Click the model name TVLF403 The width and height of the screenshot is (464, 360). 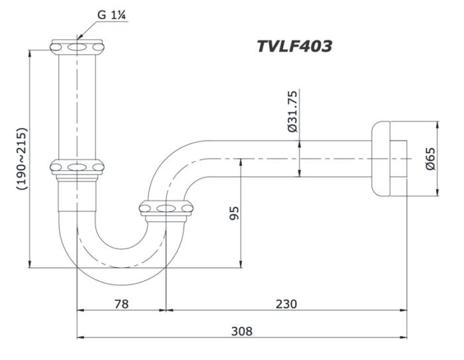294,46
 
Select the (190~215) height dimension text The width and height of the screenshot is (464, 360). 22,159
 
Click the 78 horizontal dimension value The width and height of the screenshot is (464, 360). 121,304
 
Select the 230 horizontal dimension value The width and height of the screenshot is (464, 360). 286,304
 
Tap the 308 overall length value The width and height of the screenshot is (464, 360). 242,331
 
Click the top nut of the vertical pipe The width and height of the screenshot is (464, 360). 78,47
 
